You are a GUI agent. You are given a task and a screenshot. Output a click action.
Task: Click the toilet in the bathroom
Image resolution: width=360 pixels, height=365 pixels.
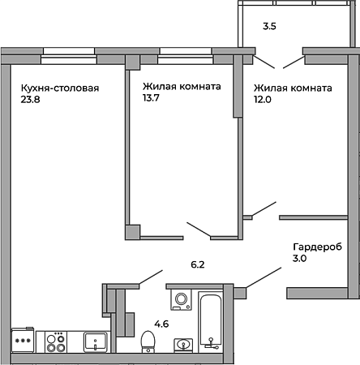148,341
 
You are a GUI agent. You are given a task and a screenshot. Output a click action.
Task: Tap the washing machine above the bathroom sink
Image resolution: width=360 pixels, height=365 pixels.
181,299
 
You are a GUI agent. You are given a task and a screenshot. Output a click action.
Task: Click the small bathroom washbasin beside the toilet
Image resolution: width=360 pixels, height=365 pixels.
183,346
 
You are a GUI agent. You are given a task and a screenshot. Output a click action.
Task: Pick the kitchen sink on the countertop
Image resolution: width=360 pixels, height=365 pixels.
96,342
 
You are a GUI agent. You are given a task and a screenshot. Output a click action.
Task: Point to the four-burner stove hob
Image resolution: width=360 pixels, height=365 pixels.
56,342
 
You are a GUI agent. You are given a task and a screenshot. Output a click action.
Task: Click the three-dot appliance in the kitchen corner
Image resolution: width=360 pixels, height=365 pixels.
23,340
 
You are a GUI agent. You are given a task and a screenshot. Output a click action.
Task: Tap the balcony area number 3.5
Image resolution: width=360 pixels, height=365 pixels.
269,26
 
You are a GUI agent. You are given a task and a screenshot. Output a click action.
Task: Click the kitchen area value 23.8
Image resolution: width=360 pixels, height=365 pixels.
30,100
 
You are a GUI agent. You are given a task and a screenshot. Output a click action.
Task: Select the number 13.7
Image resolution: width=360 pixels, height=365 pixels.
151,98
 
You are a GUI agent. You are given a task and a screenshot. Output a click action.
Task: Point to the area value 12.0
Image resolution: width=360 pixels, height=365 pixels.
263,100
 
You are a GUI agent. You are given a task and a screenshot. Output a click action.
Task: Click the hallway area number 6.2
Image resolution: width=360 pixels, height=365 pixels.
198,264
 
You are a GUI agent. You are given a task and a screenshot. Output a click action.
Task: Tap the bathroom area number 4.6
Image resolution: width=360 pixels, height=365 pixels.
161,324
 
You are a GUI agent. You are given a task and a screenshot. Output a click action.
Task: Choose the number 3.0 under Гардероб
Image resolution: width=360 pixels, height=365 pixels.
299,258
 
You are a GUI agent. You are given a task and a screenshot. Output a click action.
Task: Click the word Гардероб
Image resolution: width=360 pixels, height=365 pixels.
318,247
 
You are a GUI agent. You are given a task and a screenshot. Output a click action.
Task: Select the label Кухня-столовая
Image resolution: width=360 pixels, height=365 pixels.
60,88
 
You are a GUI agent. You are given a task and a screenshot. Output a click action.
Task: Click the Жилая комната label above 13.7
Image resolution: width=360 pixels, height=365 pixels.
182,87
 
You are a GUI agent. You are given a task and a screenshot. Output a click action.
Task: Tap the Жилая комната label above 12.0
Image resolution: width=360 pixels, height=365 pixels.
293,88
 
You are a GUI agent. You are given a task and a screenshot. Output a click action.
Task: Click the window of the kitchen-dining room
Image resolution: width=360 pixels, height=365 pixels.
69,56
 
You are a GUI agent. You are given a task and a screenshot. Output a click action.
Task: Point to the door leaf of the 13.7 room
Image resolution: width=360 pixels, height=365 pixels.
199,230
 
